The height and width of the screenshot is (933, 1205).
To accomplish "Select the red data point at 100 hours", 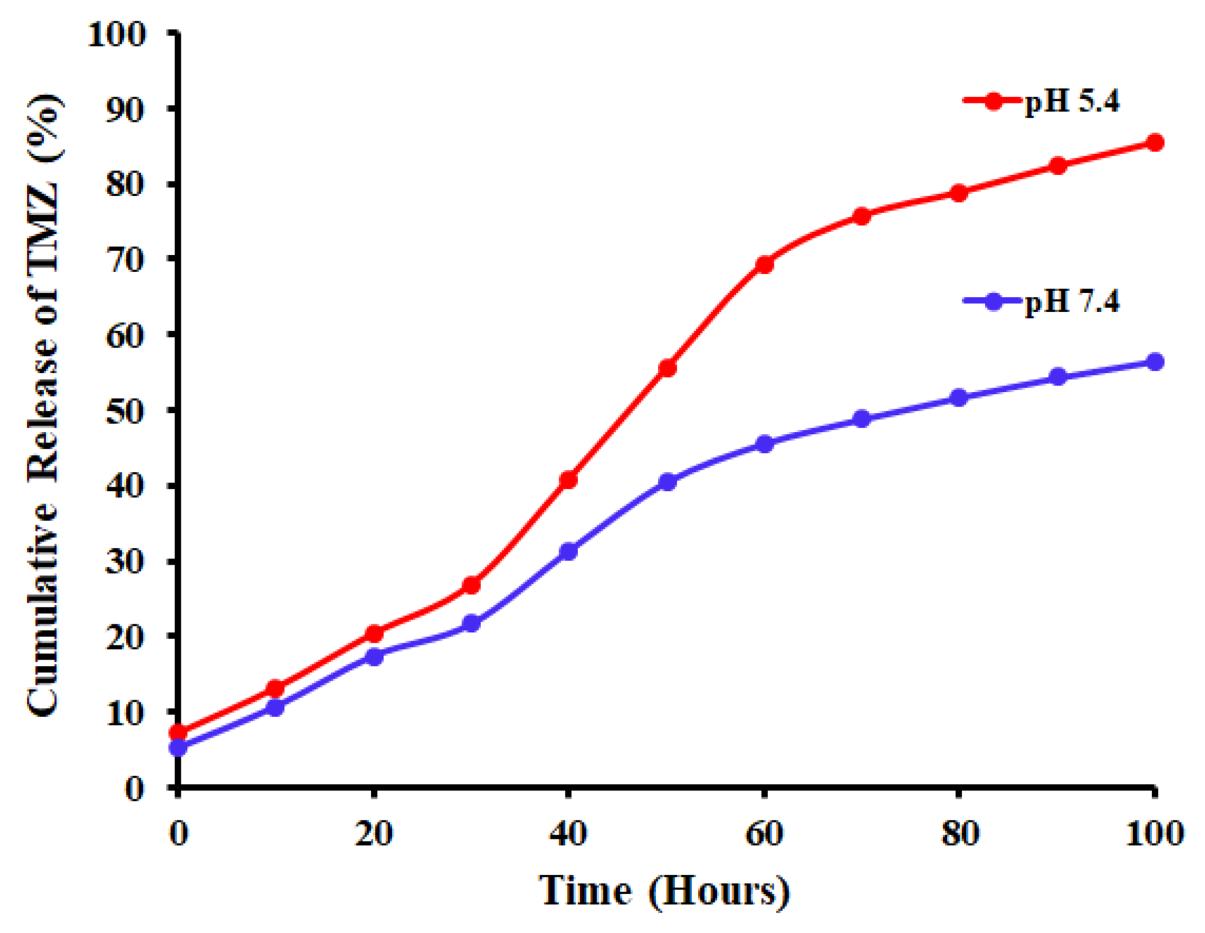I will [1154, 142].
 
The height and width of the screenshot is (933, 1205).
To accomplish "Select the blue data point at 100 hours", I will [1154, 362].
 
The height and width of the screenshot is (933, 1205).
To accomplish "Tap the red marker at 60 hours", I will [764, 265].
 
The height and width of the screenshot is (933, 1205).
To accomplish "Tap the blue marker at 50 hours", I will [667, 482].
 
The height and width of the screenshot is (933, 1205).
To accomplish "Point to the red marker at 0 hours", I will [178, 733].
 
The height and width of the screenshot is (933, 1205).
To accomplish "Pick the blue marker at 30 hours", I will [471, 624].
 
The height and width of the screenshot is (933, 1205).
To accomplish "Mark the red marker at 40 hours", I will [568, 480].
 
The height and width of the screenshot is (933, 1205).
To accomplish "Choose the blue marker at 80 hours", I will [960, 397].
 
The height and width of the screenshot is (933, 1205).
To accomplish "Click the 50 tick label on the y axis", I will [126, 411].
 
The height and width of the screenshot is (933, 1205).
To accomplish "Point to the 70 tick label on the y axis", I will [126, 259].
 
